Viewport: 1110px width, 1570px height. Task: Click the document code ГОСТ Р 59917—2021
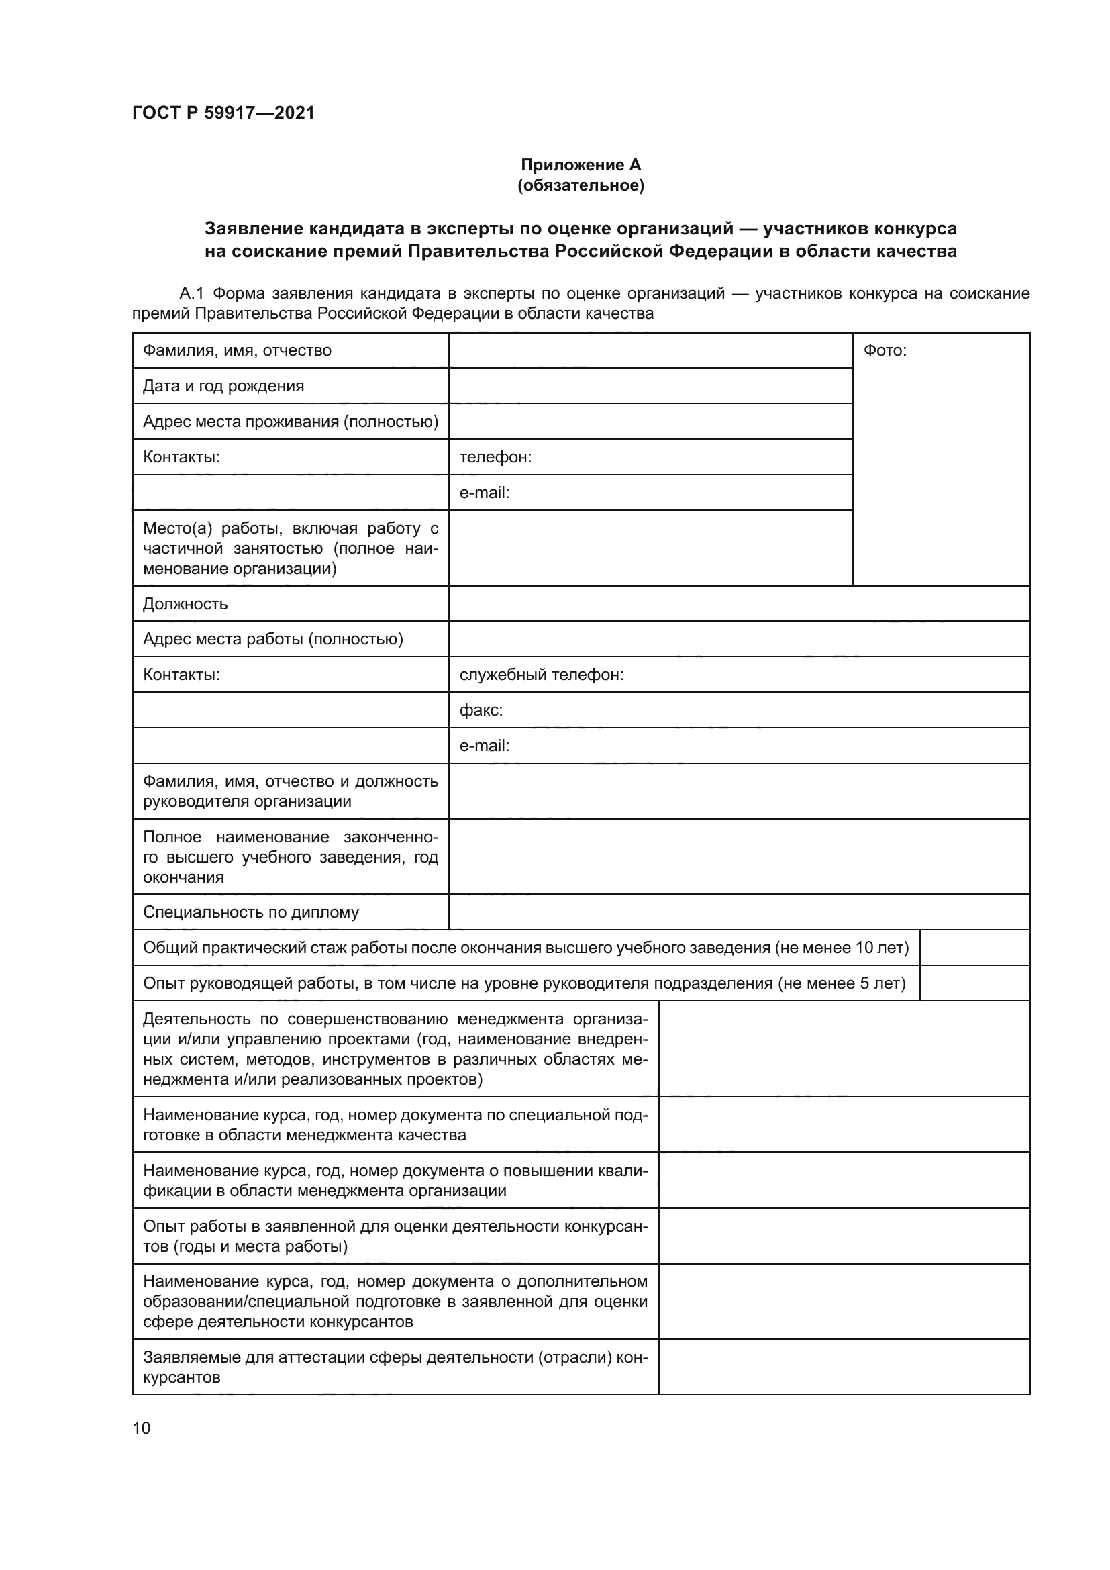[x=223, y=113]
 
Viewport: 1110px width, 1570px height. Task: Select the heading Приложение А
[x=581, y=165]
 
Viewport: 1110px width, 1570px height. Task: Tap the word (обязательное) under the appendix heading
[x=581, y=185]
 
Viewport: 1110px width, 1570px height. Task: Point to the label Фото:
[x=885, y=351]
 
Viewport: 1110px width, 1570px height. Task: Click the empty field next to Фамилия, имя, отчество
[x=650, y=351]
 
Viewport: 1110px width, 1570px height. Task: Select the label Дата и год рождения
[x=223, y=387]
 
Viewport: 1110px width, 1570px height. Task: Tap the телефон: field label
[x=495, y=458]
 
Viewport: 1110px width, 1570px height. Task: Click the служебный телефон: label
[x=541, y=675]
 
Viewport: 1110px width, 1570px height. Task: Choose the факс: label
[x=481, y=710]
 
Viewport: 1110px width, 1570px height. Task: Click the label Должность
[x=185, y=605]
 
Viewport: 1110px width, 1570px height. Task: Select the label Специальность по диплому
[x=250, y=912]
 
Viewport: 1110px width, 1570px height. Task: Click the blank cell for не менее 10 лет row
[x=974, y=948]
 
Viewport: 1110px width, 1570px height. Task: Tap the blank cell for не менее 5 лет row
[x=974, y=983]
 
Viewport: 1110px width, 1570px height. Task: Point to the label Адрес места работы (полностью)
[x=272, y=640]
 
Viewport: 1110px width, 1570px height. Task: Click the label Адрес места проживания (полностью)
[x=290, y=422]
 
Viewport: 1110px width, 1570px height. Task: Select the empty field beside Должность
[x=738, y=605]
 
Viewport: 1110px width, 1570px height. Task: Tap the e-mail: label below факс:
[x=484, y=746]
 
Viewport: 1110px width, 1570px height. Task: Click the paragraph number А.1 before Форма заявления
[x=191, y=294]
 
